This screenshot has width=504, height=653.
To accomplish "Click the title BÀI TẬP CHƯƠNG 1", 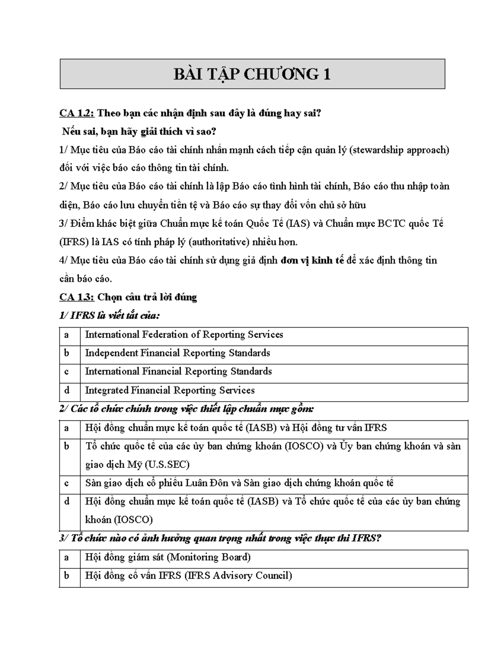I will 252,74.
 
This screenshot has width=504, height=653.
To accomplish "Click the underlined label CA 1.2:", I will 77,114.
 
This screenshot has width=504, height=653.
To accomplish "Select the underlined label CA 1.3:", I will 77,297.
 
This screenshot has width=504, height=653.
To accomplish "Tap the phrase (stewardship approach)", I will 399,150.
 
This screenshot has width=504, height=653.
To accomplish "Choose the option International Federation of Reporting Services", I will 184,335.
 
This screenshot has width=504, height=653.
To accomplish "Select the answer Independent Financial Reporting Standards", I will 177,353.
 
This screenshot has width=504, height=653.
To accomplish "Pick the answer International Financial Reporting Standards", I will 178,372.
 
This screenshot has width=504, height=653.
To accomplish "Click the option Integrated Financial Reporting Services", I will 170,391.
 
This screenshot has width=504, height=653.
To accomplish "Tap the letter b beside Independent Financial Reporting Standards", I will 66,353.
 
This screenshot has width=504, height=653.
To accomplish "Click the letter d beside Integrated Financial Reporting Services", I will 66,391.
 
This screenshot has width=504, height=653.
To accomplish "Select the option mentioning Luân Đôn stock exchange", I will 239,483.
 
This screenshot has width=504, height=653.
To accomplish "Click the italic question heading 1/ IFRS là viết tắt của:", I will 110,316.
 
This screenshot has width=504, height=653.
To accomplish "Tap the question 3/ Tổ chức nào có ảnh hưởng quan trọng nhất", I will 220,539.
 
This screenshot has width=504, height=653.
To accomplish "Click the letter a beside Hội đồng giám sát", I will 66,558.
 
